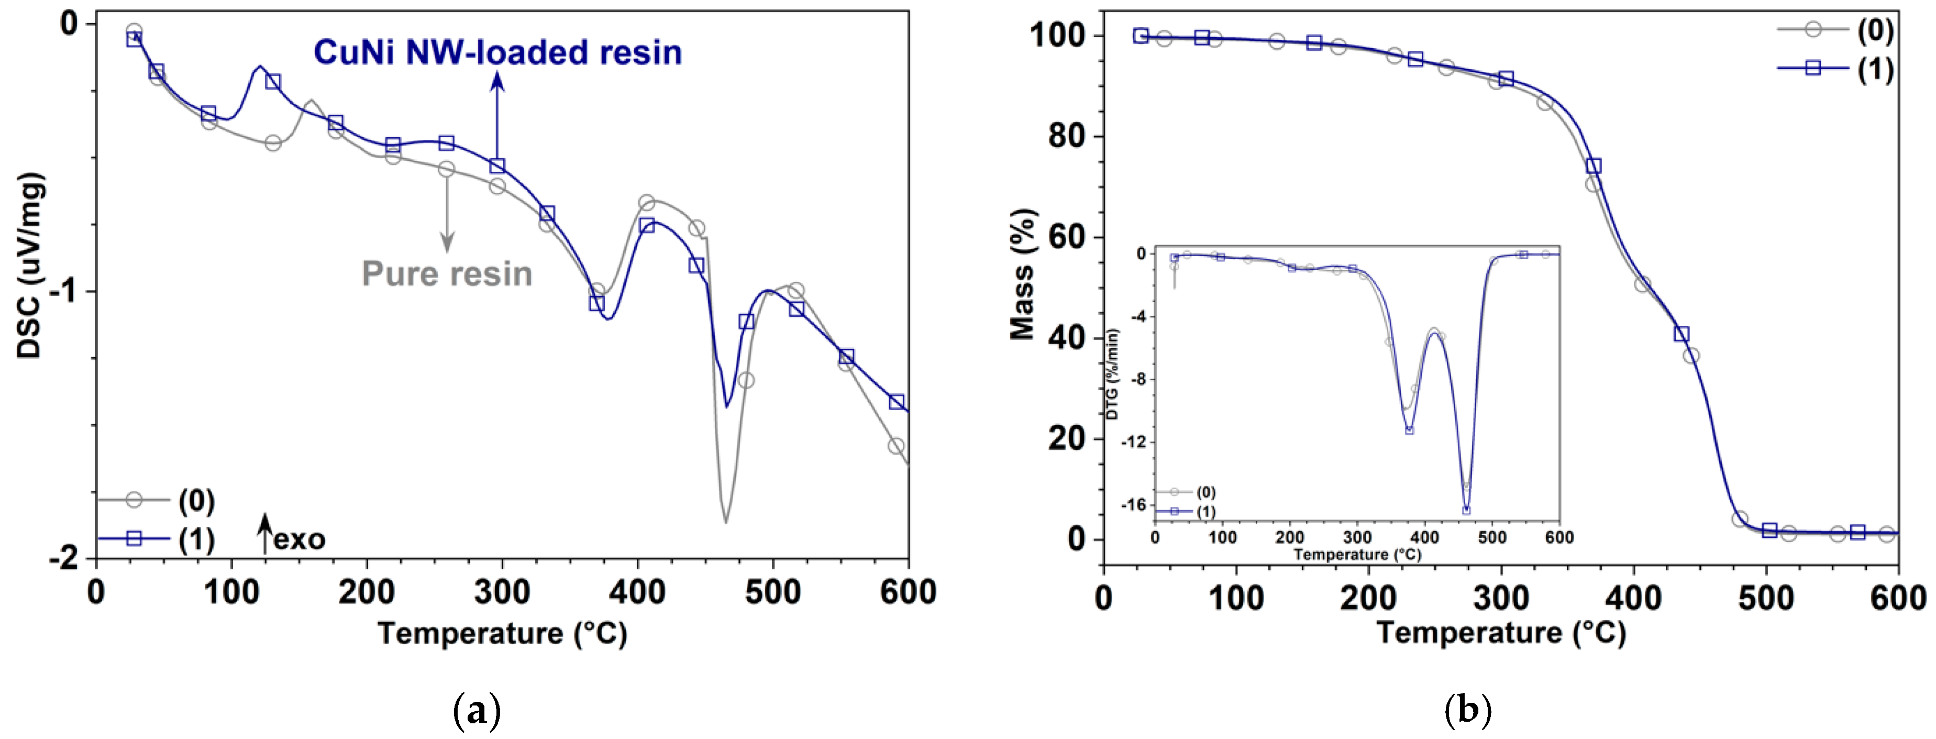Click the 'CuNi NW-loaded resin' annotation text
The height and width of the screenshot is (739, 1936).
(x=497, y=52)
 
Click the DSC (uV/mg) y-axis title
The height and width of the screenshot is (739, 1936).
(x=30, y=267)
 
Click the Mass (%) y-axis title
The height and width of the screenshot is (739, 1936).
(x=1022, y=274)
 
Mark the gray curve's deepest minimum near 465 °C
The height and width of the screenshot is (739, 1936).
(x=725, y=522)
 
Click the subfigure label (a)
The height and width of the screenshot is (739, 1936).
(x=477, y=710)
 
